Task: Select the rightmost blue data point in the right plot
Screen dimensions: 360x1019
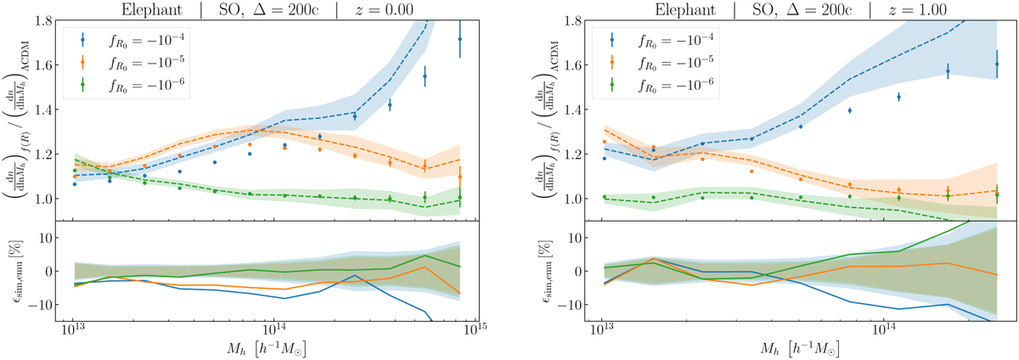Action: coord(997,64)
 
